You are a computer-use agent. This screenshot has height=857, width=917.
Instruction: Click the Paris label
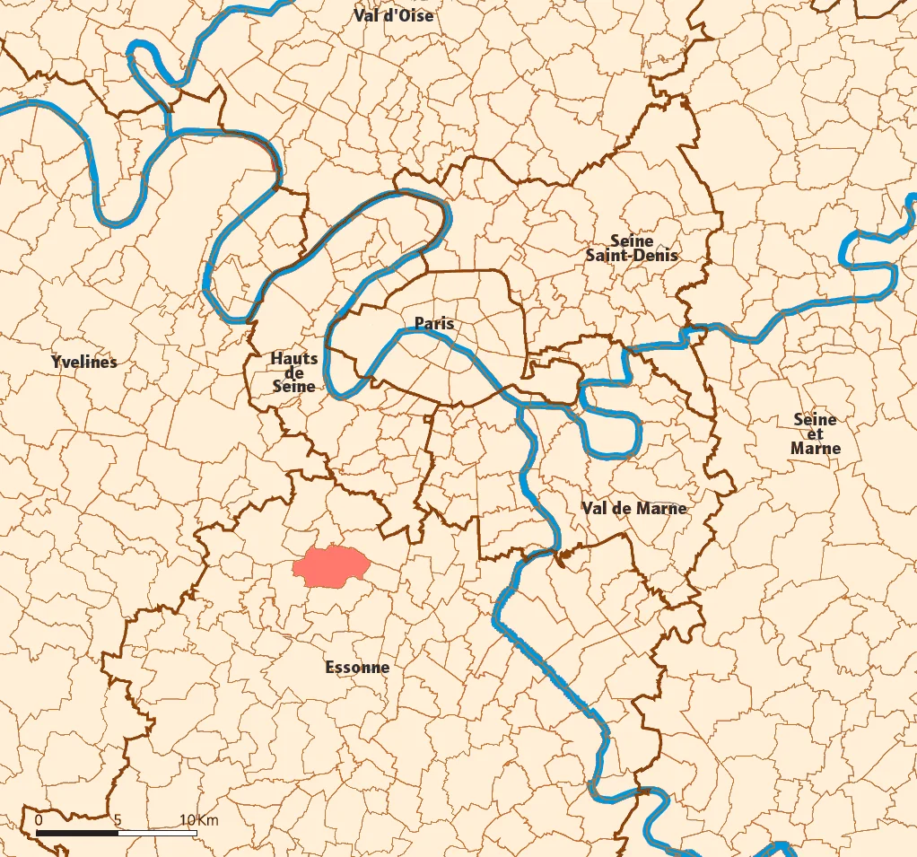434,323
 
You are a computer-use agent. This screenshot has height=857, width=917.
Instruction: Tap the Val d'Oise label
393,15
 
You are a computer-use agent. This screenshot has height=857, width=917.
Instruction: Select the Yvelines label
84,363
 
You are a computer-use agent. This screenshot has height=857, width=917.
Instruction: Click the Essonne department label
357,667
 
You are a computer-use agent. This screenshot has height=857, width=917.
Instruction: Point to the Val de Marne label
633,508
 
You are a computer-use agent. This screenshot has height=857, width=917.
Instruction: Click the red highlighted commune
332,565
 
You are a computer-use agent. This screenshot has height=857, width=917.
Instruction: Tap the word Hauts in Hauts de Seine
293,359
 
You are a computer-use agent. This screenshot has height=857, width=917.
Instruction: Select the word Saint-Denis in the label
632,255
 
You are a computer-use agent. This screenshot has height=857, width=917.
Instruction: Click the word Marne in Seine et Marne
816,448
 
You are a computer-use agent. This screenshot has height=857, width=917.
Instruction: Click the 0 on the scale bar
39,820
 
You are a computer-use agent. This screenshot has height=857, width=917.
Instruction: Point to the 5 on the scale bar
118,820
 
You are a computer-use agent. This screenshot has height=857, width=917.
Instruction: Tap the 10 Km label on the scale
198,820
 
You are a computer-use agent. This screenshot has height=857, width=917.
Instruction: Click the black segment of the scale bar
77,833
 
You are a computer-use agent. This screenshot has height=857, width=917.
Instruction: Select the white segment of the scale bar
157,833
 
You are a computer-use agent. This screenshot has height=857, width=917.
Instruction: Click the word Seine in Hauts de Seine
293,386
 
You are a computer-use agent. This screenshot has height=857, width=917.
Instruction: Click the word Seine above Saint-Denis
632,240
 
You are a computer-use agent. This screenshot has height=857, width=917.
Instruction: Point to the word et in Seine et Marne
815,433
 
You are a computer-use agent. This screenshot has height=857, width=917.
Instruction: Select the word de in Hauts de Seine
293,372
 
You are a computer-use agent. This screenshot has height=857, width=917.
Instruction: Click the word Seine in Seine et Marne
815,419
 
